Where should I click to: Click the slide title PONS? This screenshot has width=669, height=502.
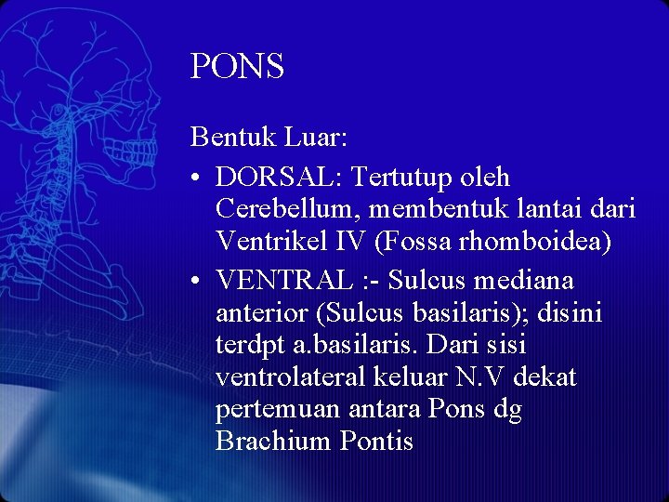(237, 67)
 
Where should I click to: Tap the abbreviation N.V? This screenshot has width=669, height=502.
(481, 378)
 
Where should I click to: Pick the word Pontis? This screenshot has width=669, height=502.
(375, 441)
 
